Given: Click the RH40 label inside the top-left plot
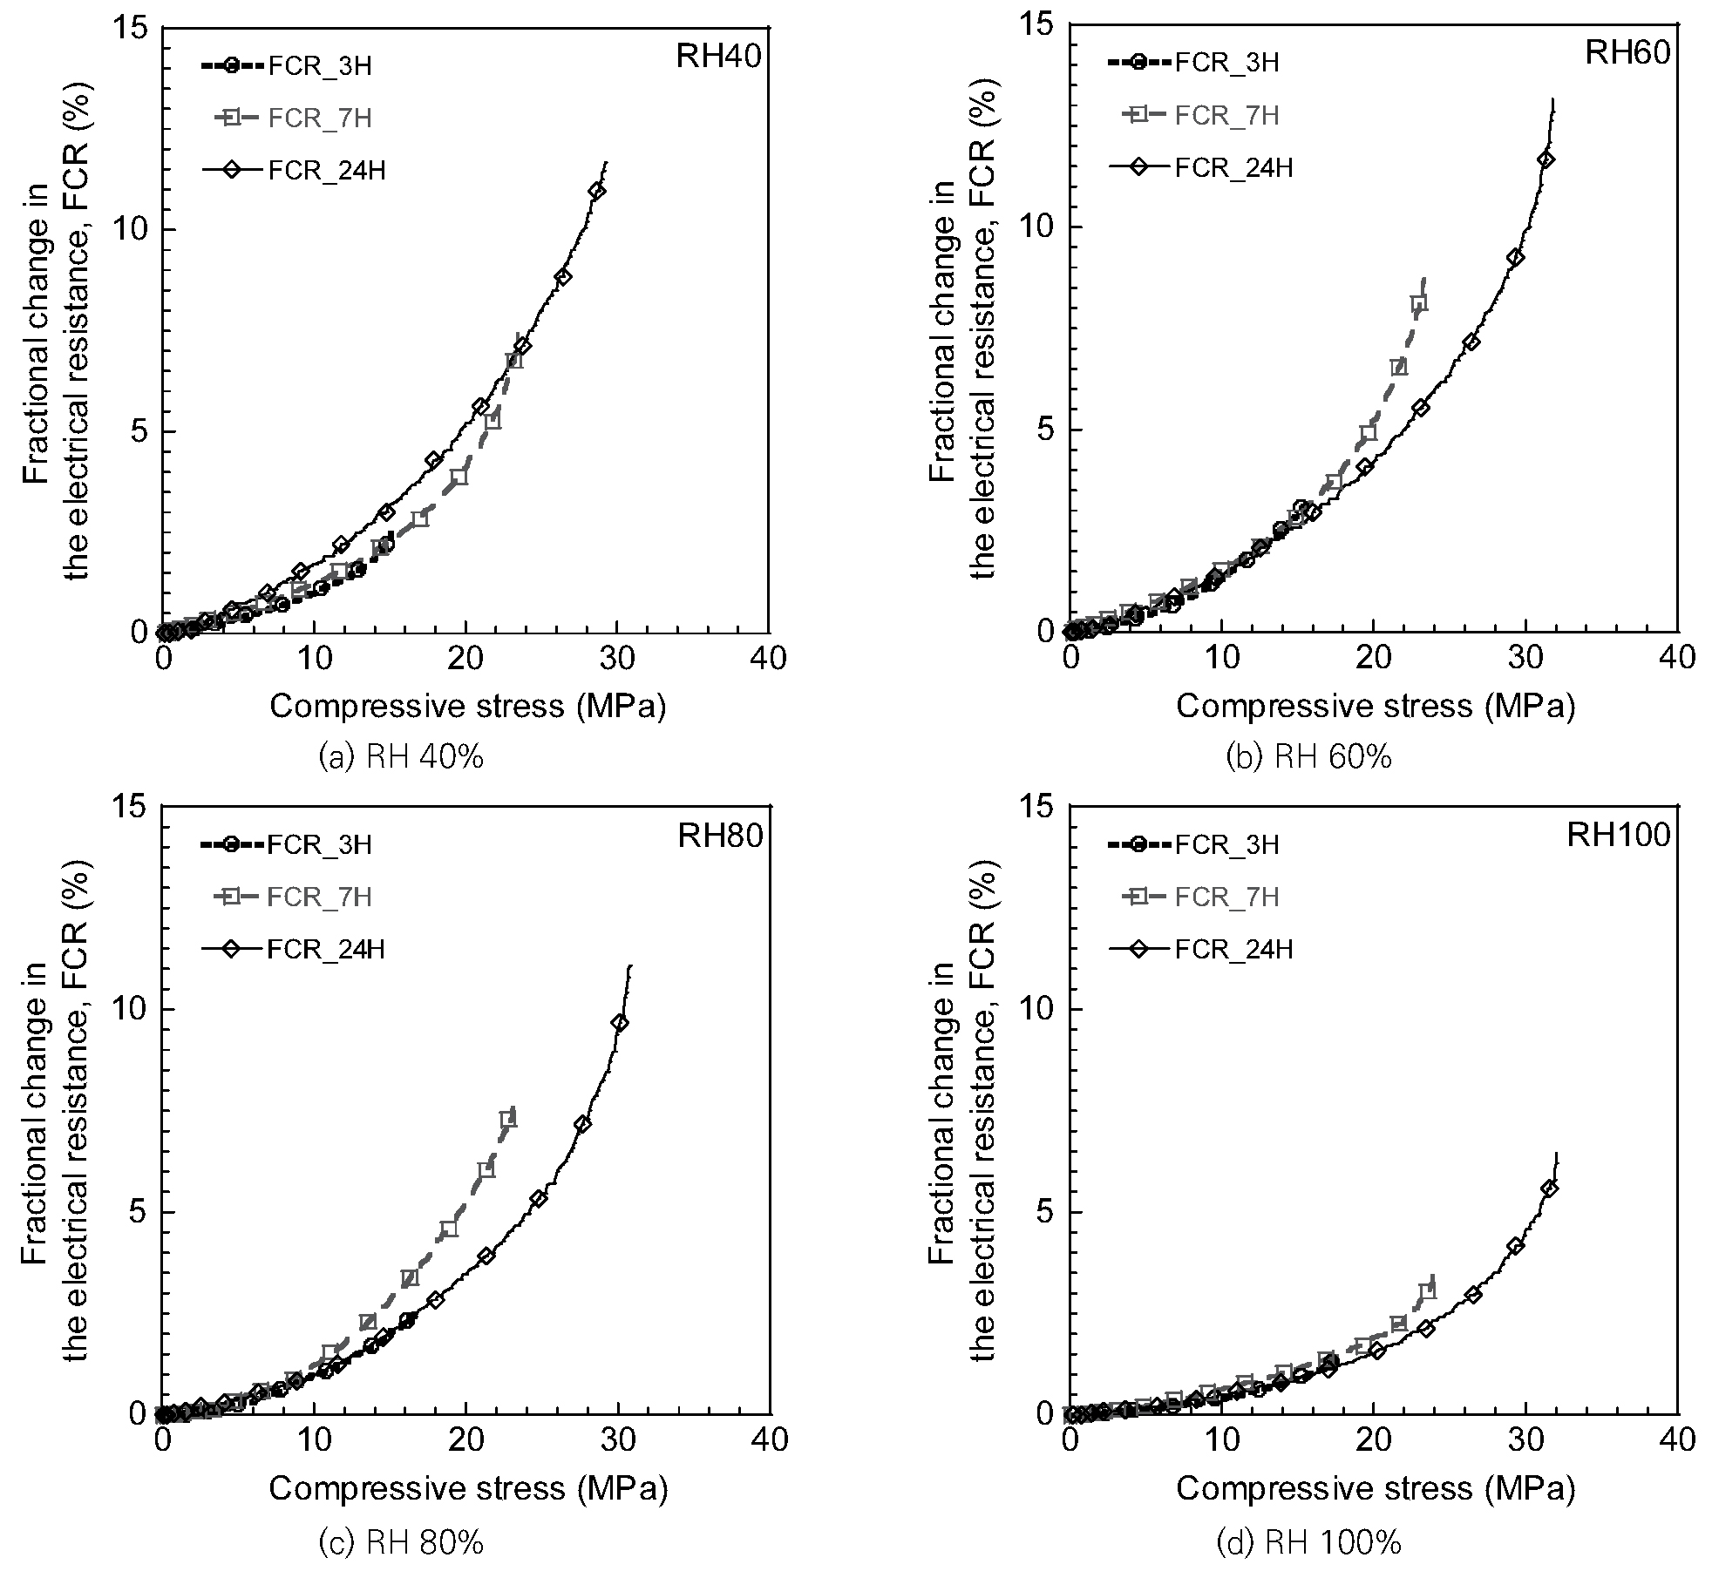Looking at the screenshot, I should point(719,57).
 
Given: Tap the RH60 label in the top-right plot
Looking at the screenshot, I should point(1627,53).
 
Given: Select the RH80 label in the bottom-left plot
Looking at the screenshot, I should point(720,836).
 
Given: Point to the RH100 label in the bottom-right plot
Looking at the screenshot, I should point(1619,836).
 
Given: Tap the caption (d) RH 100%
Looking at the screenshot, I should point(1308,1543).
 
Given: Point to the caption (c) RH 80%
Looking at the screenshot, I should point(402,1543).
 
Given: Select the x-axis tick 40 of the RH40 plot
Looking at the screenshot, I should point(767,659).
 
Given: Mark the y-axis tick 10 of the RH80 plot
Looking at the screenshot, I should point(129,1010).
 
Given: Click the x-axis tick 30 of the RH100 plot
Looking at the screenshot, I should point(1525,1439).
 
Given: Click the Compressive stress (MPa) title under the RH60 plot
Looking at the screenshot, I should point(1376,706).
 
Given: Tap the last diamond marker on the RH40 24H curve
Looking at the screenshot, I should point(597,191).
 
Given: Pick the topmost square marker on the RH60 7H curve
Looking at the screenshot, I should point(1418,303).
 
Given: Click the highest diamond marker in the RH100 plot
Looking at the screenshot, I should point(1549,1188).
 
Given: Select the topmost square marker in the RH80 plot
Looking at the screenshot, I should point(507,1120).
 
